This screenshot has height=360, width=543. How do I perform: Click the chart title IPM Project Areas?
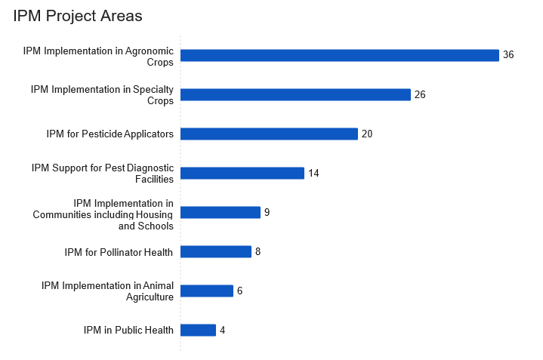[x=78, y=16]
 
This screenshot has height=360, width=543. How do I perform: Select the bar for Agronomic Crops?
[x=339, y=55]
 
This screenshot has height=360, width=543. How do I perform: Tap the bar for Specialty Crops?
[x=295, y=94]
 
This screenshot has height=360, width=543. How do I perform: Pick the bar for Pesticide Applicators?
[x=269, y=134]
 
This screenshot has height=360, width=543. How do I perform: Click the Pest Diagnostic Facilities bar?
[x=242, y=173]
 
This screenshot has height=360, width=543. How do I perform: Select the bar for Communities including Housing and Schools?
[x=220, y=212]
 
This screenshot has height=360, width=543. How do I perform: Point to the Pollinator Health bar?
[x=215, y=251]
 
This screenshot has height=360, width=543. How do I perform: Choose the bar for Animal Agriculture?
[x=206, y=291]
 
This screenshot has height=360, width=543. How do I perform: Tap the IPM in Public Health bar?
[x=198, y=330]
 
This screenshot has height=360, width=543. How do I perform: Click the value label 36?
[x=508, y=55]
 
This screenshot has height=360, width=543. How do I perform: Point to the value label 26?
[x=420, y=94]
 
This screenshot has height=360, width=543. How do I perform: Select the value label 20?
[x=367, y=134]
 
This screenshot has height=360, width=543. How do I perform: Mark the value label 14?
[x=313, y=173]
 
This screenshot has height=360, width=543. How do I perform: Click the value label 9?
[x=267, y=212]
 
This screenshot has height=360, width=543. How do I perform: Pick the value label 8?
[x=258, y=251]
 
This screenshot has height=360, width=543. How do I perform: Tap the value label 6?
[x=239, y=291]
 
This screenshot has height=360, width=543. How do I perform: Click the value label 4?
[x=222, y=330]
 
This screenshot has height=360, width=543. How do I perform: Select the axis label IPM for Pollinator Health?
[x=119, y=251]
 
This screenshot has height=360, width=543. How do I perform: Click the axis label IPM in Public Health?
[x=128, y=330]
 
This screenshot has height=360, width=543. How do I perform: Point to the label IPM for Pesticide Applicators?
[x=110, y=134]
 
